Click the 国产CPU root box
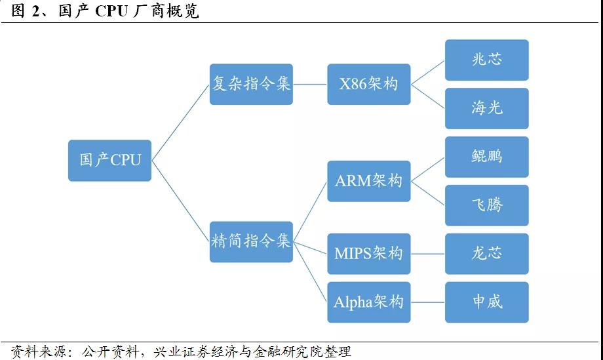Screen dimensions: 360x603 tap(109, 160)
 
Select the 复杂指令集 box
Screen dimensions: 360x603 tap(251, 84)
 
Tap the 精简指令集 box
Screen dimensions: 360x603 tap(251, 241)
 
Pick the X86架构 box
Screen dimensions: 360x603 tap(368, 84)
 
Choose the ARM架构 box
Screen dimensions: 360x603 tap(368, 181)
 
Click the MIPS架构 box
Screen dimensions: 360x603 tap(368, 253)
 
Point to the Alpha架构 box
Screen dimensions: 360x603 tap(368, 302)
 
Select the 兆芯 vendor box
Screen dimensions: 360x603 tap(486, 60)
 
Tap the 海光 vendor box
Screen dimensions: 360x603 tap(486, 108)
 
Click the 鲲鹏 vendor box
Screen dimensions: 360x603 tap(486, 157)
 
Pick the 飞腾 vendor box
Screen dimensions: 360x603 tap(486, 205)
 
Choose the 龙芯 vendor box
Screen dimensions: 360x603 tap(486, 254)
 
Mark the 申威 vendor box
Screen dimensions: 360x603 tap(486, 302)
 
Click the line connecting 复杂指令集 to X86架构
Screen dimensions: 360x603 tap(310, 84)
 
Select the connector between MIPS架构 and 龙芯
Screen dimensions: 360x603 tap(427, 253)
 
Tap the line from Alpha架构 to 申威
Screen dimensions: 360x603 tap(427, 302)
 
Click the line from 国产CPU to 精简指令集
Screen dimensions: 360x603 tap(180, 200)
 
